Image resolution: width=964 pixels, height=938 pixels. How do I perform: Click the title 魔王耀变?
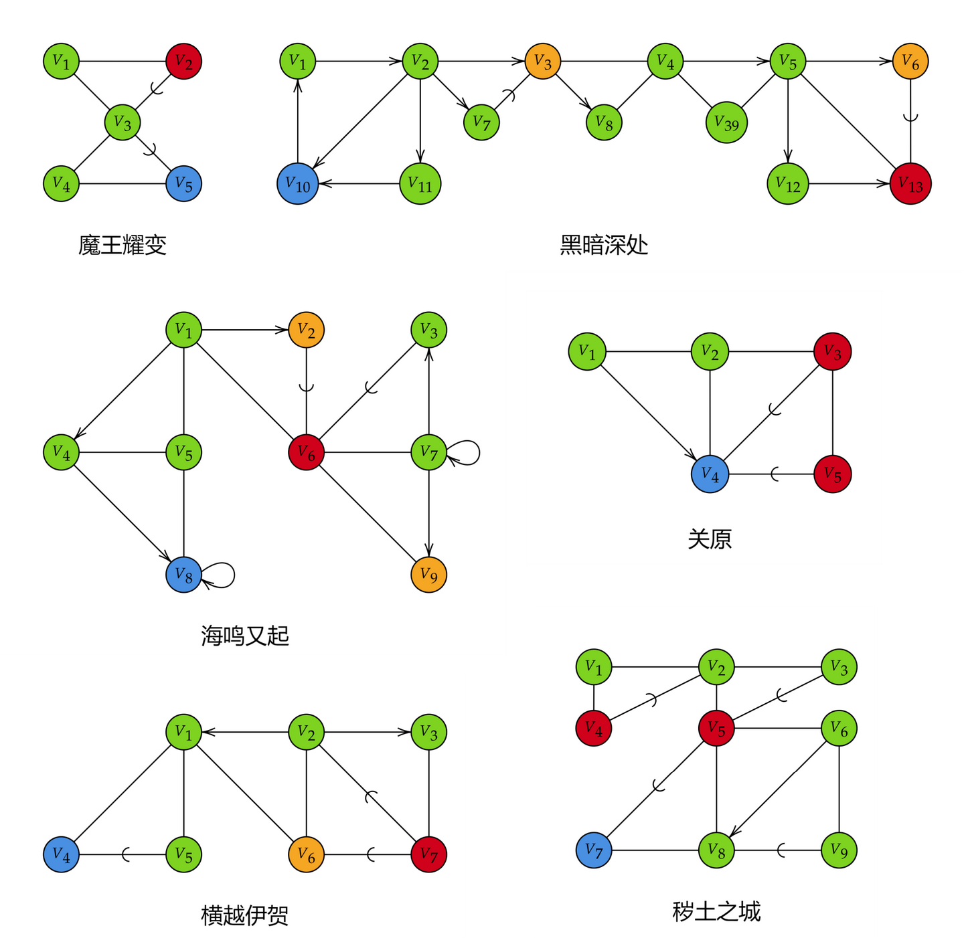coord(122,246)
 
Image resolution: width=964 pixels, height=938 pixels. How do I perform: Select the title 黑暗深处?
coord(604,246)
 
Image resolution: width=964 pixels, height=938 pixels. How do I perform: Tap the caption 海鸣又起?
coord(244,636)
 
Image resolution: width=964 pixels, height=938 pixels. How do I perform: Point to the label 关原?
coord(710,539)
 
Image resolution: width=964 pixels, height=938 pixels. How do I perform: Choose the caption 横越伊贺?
coord(244,915)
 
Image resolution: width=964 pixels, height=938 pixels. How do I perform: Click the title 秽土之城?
coord(716,912)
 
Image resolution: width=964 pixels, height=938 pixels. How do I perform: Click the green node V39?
coord(726,123)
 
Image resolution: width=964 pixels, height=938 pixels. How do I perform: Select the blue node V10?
coord(298,184)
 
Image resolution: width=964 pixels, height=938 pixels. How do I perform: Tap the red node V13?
coord(910,184)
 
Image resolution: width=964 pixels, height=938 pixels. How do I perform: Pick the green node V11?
coord(420,184)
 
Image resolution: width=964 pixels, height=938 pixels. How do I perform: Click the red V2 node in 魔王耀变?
coord(183,62)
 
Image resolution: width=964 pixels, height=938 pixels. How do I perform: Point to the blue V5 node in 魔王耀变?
coord(183,184)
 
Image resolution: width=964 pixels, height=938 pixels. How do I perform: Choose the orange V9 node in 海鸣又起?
coord(428,575)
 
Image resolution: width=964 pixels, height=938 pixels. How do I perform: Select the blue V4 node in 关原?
coord(710,474)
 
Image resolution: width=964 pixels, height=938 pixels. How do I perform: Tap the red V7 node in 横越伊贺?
coord(428,854)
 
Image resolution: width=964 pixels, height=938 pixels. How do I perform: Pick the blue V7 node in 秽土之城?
coord(594,850)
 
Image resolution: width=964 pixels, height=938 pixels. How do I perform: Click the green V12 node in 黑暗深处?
coord(788,184)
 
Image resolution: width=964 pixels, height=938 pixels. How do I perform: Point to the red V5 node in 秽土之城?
coord(716,728)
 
